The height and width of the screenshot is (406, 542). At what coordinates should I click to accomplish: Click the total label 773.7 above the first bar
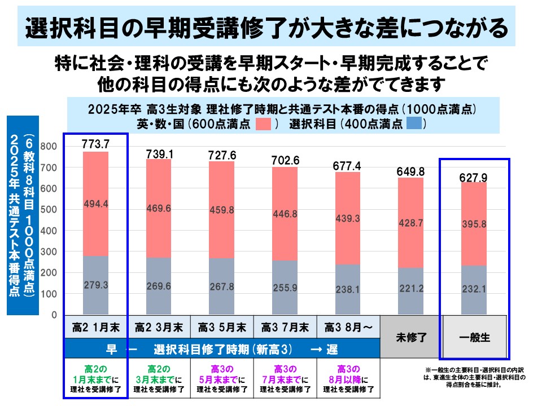95,144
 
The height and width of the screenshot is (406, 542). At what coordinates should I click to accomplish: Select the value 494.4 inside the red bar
96,204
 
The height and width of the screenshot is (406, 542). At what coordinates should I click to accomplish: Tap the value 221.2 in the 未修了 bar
411,288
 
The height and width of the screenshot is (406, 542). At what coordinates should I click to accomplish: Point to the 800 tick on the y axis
49,146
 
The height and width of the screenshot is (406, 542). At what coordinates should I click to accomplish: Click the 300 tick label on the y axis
49,251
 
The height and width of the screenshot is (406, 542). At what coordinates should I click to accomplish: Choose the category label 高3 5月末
222,327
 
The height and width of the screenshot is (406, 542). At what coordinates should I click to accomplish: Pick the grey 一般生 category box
474,337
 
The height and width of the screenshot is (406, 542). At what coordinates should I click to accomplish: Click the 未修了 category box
411,337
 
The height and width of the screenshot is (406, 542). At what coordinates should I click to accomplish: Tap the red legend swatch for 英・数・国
263,123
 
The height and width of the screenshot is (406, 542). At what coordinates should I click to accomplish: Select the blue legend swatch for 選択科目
414,123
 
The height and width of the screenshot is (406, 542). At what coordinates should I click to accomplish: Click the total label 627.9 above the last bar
473,178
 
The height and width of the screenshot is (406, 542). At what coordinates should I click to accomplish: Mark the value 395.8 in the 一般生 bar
474,224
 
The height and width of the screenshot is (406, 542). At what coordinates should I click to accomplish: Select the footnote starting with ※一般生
474,377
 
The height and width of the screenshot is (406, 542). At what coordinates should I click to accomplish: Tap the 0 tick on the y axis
54,315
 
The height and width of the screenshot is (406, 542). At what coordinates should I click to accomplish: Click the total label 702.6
285,160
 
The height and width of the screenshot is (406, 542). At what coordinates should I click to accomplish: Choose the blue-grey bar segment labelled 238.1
348,289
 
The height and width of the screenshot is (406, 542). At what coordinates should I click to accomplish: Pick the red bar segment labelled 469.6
159,208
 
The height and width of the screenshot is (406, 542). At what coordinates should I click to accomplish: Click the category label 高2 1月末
96,327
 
